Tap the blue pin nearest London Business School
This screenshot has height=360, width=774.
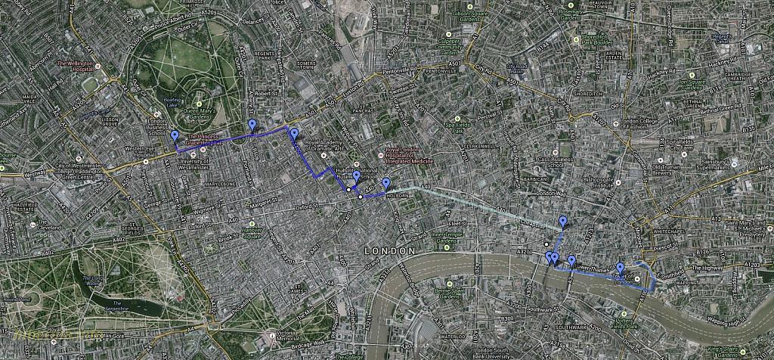click(175, 136)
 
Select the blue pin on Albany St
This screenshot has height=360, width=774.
click(252, 125)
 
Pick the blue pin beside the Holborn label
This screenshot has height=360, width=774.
click(386, 183)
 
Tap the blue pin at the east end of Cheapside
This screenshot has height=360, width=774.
click(562, 222)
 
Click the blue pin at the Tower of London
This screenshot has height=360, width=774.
click(621, 268)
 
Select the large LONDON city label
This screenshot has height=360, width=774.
click(389, 250)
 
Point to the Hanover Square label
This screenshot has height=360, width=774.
click(262, 233)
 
